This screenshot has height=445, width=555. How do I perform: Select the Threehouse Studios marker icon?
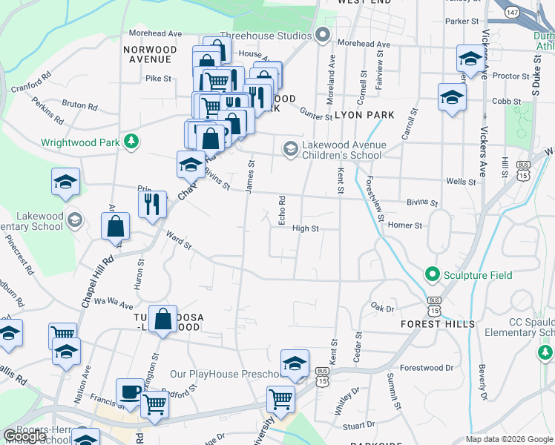(323, 34)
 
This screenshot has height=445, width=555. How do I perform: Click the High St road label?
(305, 229)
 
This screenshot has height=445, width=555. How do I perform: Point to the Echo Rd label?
(282, 211)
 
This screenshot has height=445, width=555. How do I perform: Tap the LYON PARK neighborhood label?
(364, 115)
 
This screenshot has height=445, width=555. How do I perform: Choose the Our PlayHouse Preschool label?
(223, 374)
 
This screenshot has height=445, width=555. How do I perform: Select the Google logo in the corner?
(24, 436)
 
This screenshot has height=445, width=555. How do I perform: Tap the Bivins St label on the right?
(422, 202)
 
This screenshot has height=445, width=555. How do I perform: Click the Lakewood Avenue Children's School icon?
(289, 150)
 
